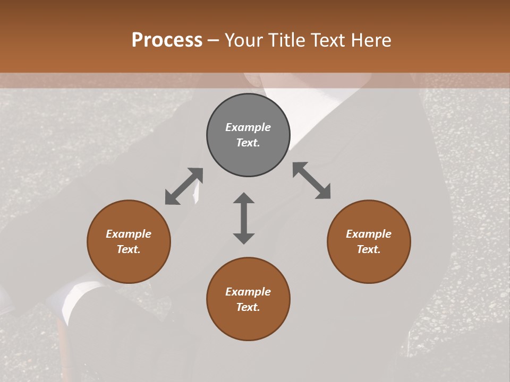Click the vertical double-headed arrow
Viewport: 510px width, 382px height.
point(244,218)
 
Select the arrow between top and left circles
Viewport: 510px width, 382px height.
point(184,186)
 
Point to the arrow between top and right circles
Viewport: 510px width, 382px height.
point(312,180)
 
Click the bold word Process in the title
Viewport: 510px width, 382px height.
point(167,40)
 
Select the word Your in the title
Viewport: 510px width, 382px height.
point(244,40)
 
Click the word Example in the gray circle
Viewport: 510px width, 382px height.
point(248,127)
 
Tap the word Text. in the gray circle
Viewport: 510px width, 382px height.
point(248,143)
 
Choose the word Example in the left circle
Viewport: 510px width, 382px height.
point(129,234)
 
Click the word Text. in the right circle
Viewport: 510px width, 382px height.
point(369,249)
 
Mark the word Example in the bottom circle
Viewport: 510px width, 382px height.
point(248,292)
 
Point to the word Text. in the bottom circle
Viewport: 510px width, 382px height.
point(248,307)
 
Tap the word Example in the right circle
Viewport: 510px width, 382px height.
point(369,234)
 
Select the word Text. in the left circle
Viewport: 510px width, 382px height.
point(129,249)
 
